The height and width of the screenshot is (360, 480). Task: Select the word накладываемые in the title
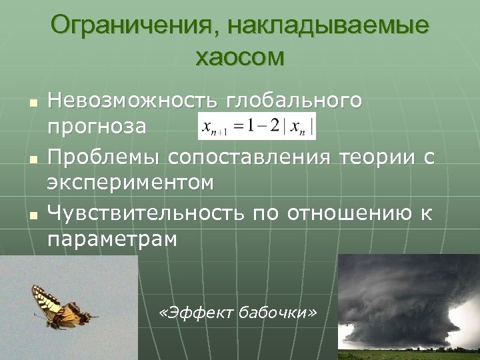(327, 27)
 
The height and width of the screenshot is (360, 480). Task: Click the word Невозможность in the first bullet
(133, 101)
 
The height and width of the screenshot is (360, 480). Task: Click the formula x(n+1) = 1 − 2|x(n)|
(257, 125)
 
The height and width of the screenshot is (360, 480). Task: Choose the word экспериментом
(131, 183)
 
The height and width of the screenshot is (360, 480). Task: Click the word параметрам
(112, 239)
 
